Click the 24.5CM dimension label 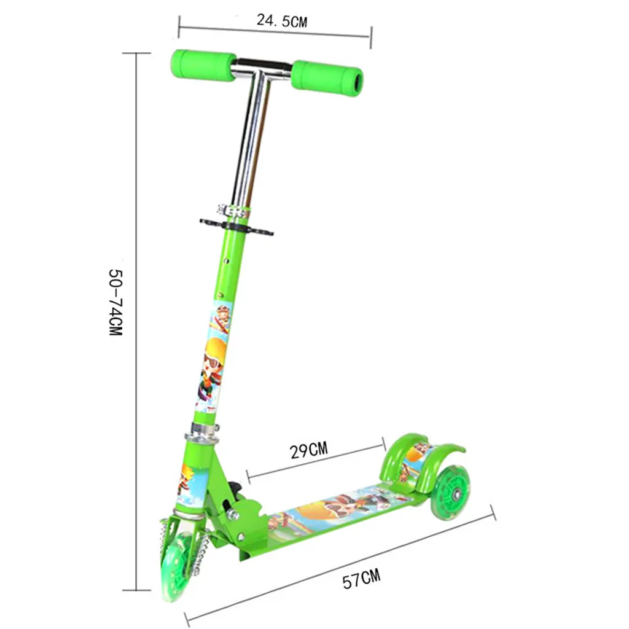coord(281,20)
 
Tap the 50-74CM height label coord(115,302)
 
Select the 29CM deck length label coord(309,450)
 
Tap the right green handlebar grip coord(327,79)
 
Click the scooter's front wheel coord(176,566)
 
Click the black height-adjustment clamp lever coord(236,227)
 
